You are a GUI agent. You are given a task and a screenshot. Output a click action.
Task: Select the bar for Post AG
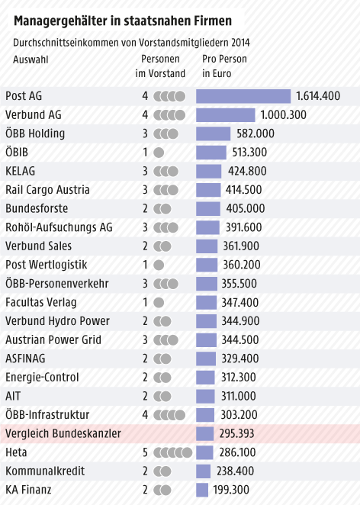[243, 96]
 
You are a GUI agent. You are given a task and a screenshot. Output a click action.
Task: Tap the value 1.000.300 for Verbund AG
[283, 115]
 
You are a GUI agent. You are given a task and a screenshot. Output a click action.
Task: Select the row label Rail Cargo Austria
[47, 190]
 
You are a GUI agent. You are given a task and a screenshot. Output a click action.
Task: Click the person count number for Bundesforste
[145, 208]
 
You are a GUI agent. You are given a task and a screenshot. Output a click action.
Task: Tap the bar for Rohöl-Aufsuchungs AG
[207, 227]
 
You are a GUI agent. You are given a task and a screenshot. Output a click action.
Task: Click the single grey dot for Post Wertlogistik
[159, 265]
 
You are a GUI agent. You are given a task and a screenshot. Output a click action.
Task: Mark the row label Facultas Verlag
[41, 302]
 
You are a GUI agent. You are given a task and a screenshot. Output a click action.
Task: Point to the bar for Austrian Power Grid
[206, 339]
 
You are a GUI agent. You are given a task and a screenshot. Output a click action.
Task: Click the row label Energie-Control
[43, 377]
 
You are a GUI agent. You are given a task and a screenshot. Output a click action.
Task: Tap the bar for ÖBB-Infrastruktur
[205, 414]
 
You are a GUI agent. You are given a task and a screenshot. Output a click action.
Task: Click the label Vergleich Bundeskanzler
[63, 433]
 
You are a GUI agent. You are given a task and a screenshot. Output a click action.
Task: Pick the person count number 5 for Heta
[145, 452]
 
